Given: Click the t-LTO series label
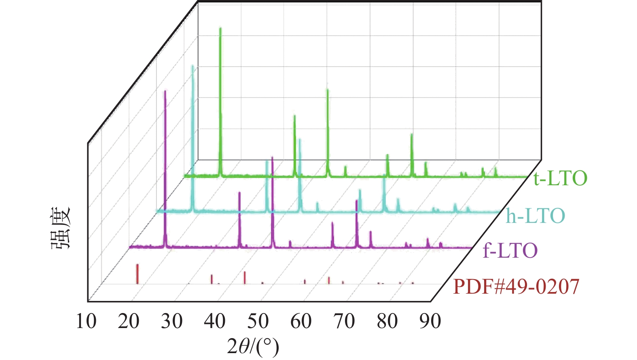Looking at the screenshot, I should [x=560, y=178].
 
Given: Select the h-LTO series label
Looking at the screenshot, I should [x=535, y=216].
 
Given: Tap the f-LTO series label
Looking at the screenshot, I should [x=510, y=251].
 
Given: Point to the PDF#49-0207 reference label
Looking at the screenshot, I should [x=516, y=287].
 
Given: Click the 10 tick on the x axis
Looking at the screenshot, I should [x=86, y=322].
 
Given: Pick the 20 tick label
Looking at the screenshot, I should [x=129, y=322].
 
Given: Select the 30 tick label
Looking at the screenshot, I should [x=172, y=322].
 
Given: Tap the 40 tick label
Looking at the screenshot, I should [x=215, y=322].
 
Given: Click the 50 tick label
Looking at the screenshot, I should [x=258, y=322].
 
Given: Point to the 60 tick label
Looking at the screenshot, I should [x=301, y=322].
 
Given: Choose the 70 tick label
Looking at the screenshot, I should [x=344, y=322].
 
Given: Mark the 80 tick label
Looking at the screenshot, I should [x=387, y=322].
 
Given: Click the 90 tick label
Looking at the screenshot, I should [x=430, y=322].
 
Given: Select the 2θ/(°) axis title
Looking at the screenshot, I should [x=253, y=346].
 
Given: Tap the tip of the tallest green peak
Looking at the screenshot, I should [x=220, y=28].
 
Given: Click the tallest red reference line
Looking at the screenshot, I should [x=138, y=273].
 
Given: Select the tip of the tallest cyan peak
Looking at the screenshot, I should [x=193, y=66].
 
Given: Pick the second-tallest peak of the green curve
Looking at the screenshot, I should [x=328, y=90].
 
